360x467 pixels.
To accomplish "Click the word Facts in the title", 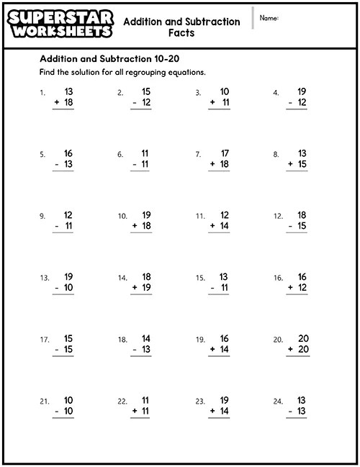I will pyautogui.click(x=181, y=33).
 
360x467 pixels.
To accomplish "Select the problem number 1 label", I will pyautogui.click(x=42, y=93).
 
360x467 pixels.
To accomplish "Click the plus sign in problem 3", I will pyautogui.click(x=212, y=103).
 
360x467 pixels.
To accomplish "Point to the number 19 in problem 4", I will pyautogui.click(x=302, y=91).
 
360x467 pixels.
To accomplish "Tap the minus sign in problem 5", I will pyautogui.click(x=57, y=165).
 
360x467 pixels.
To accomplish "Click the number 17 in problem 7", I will pyautogui.click(x=224, y=153).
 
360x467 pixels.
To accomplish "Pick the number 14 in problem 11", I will pyautogui.click(x=224, y=226).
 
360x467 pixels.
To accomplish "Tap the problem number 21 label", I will pyautogui.click(x=44, y=402).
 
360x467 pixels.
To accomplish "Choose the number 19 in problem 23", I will pyautogui.click(x=224, y=400).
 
